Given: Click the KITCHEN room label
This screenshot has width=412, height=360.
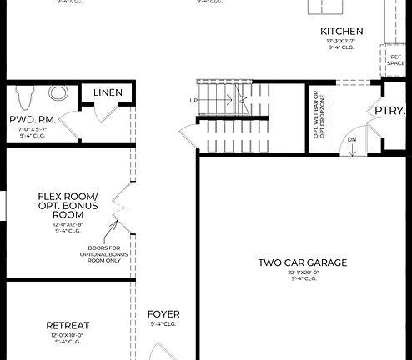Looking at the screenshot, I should pos(342,32).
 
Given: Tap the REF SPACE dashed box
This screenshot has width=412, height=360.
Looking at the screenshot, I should pos(396,61).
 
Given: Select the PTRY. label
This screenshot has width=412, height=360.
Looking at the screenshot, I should pos(389,111).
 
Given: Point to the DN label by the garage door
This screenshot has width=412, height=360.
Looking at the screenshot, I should pos(352,140).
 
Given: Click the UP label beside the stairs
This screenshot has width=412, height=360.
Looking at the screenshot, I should pos(194,100).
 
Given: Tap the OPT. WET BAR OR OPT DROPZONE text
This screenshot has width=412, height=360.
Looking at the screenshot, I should pos(319,118).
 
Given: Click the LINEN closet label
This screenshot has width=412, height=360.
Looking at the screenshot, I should pos(108,92).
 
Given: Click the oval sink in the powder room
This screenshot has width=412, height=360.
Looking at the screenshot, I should pos(59,92).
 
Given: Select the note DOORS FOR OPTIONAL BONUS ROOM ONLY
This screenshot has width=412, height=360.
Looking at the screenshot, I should pos(104,254).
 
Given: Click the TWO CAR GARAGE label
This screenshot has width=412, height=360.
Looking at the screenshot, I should pos(303,262).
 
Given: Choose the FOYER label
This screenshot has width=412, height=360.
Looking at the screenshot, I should pos(163,314).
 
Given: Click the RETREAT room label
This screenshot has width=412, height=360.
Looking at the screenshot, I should pos(68,325).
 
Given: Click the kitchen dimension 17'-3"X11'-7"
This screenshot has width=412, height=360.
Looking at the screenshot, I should pos(343,42).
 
